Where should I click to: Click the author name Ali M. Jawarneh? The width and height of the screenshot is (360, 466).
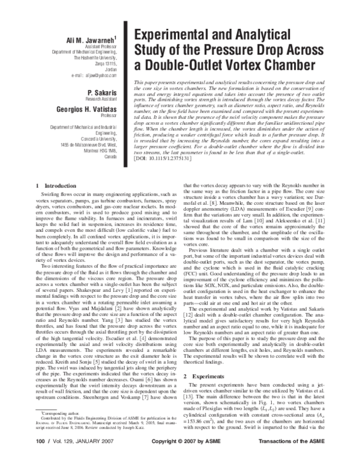tap(92, 40)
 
